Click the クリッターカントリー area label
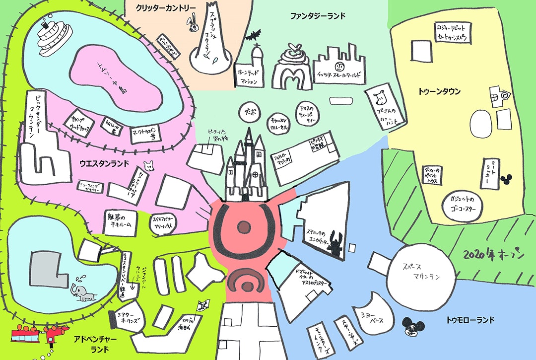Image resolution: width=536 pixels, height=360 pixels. point(166,8)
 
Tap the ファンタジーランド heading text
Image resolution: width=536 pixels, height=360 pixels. point(318,16)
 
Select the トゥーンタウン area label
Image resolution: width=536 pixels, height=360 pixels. point(439,91)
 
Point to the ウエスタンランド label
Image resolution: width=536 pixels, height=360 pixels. point(104,162)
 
